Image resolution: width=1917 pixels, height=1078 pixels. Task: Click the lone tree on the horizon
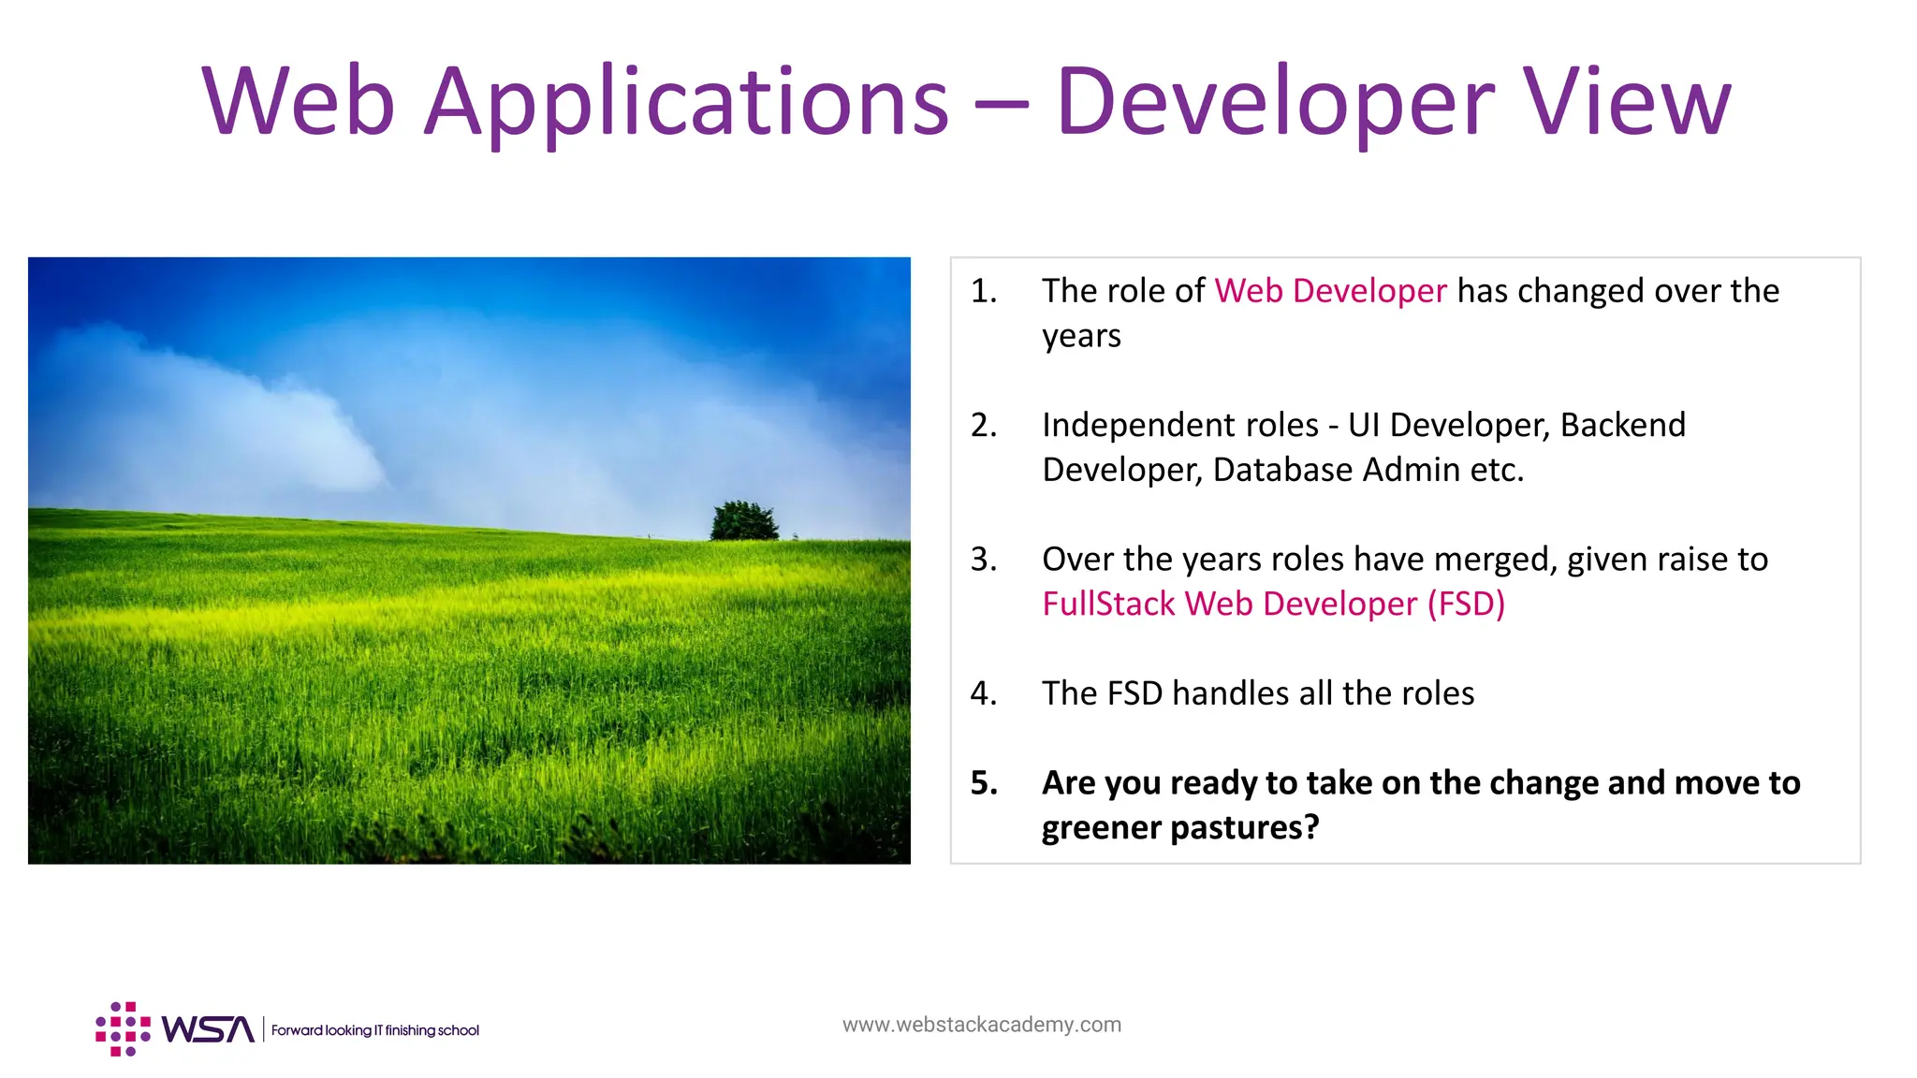[x=744, y=521]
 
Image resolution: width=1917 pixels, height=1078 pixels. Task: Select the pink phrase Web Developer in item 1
[x=1330, y=291]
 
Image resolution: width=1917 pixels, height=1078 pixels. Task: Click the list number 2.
[x=983, y=425]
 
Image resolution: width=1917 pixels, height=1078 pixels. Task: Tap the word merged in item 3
[x=1495, y=560]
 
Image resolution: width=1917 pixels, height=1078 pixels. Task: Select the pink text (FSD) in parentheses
[x=1466, y=605]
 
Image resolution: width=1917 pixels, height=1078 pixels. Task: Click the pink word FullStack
[x=1108, y=605]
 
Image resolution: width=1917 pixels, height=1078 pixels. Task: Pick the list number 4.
[x=983, y=693]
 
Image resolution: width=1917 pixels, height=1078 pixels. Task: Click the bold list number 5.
[x=983, y=783]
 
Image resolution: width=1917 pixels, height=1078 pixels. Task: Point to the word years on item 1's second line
[x=1081, y=336]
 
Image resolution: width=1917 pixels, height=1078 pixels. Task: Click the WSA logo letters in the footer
[x=208, y=1029]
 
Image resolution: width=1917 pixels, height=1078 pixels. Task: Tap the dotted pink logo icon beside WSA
[x=123, y=1029]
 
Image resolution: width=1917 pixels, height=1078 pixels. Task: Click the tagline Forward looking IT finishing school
[x=374, y=1030]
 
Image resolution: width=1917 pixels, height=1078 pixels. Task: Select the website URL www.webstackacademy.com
[x=981, y=1025]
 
